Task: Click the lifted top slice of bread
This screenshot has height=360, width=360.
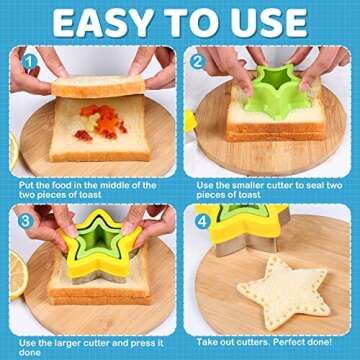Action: click(x=100, y=86)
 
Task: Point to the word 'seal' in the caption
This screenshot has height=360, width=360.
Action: click(x=314, y=184)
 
